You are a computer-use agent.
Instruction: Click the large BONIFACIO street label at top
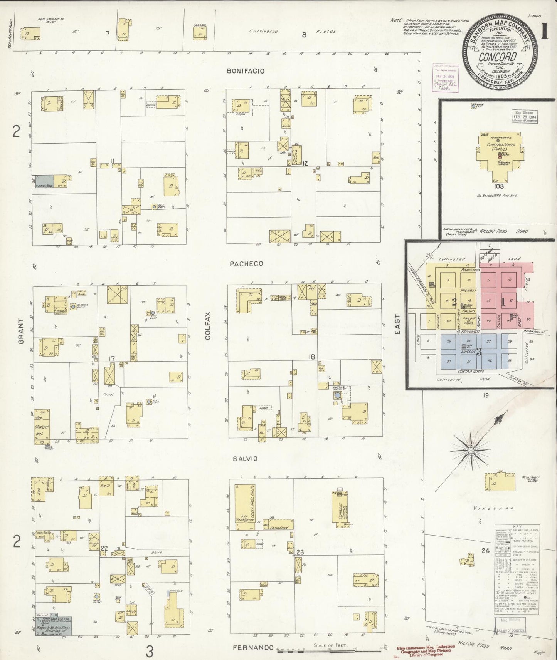[246, 71]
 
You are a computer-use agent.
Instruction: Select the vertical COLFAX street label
[208, 331]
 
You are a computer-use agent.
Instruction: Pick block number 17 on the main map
[112, 359]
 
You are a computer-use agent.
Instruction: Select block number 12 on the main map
[305, 163]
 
